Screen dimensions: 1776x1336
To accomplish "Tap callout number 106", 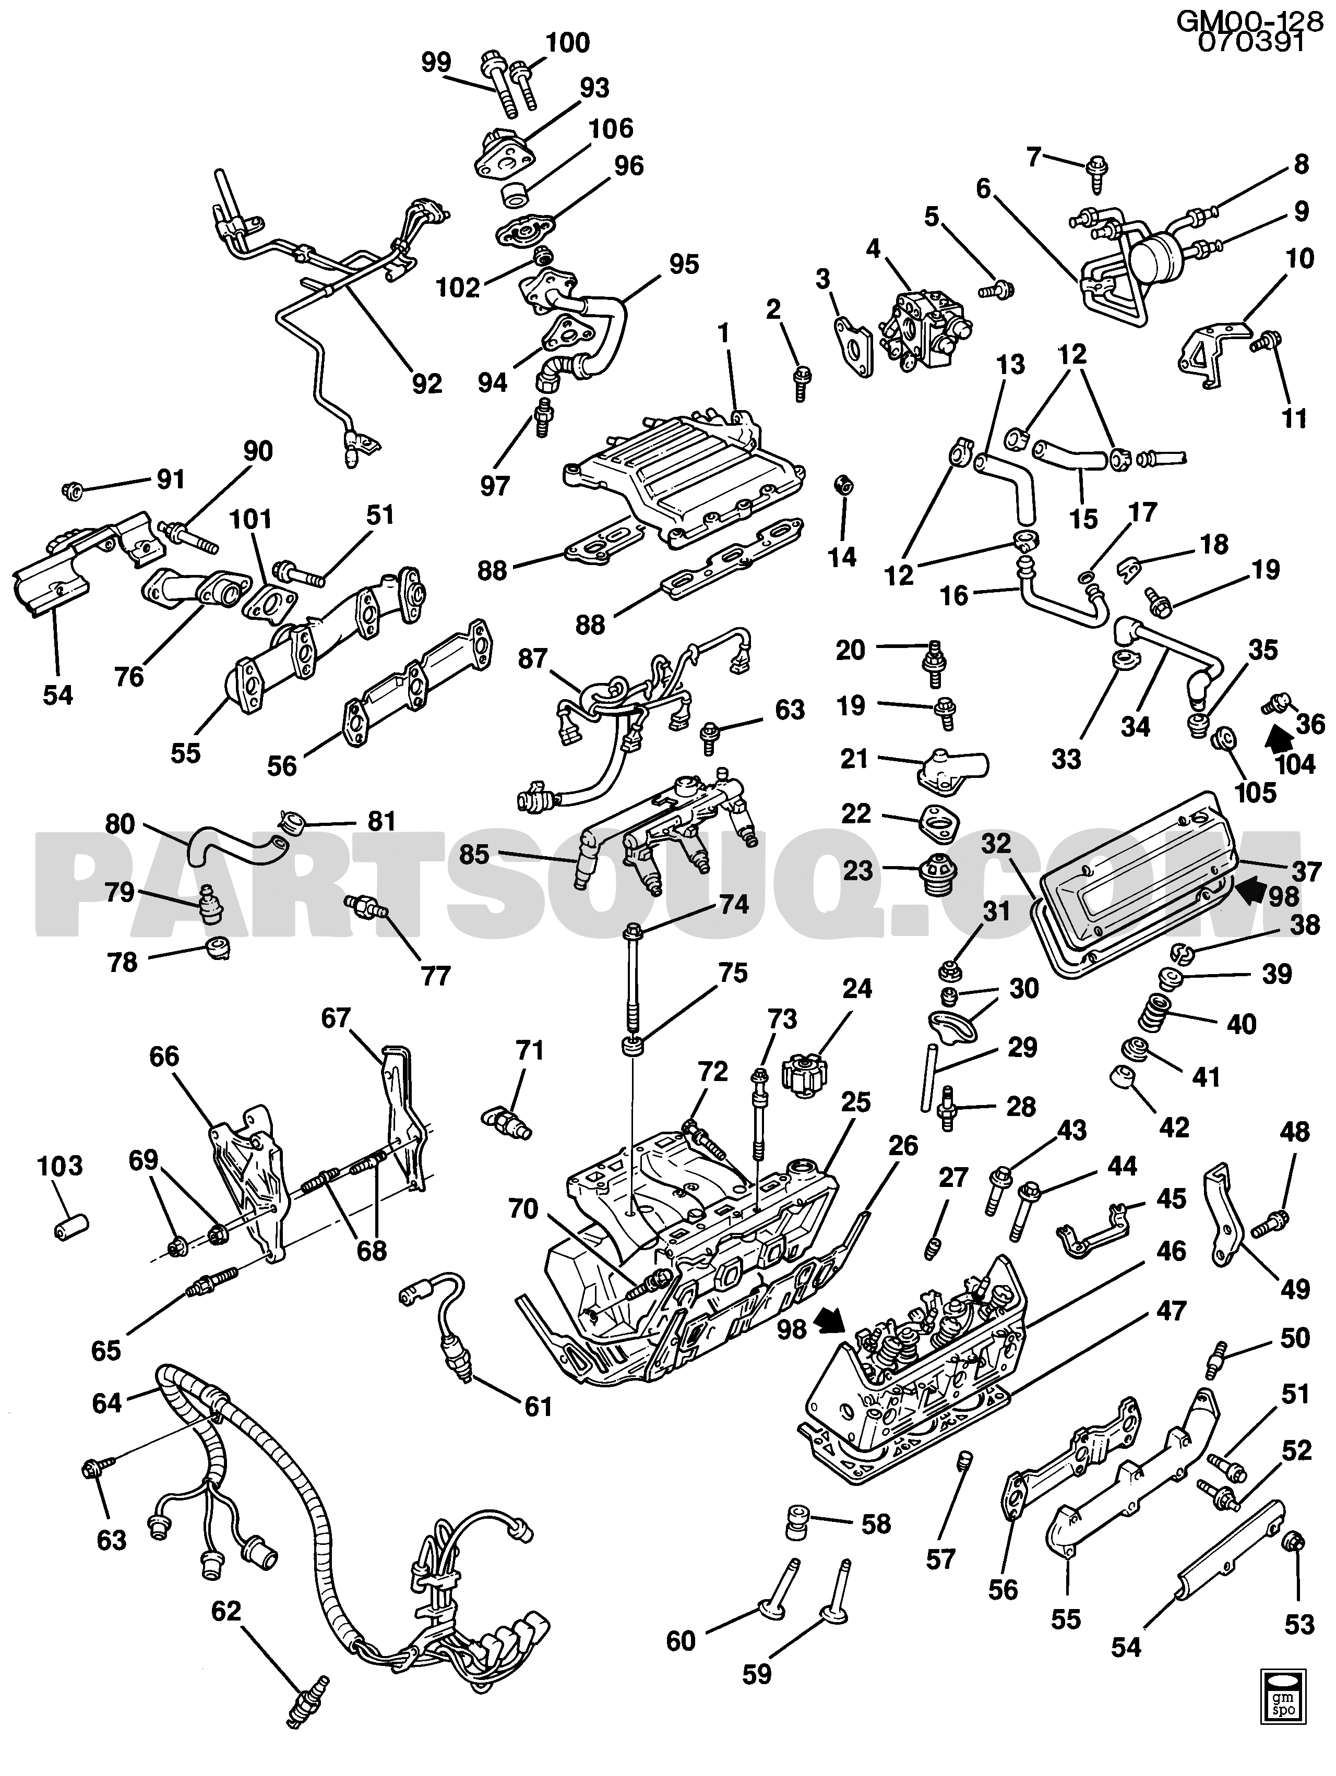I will [611, 128].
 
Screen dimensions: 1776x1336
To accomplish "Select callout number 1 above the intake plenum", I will [724, 334].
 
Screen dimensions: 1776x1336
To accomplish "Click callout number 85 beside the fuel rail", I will [474, 854].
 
